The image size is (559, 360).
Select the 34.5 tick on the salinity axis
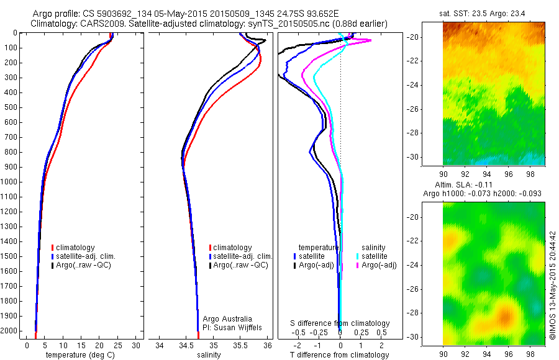[x=186, y=344]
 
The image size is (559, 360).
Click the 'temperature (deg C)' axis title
[x=80, y=355]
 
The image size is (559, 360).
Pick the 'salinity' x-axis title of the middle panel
[x=209, y=355]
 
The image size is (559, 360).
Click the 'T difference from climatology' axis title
[x=339, y=355]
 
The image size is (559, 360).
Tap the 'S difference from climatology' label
[x=340, y=323]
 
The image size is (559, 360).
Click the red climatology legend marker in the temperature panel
[x=53, y=248]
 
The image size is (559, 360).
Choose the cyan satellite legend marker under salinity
[x=358, y=256]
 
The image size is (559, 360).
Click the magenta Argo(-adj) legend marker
[x=358, y=265]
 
